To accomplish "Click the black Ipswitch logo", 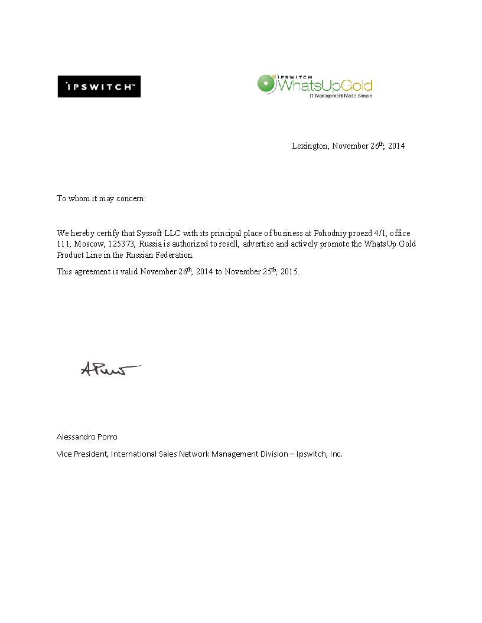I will [99, 87].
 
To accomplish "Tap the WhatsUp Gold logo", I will [315, 86].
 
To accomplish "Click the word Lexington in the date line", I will [310, 146].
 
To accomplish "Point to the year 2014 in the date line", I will [396, 146].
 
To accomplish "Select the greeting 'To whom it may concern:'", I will [101, 199].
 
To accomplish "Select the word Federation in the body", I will [174, 255].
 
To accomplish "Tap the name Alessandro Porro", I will [87, 437].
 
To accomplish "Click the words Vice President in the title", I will [82, 454].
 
